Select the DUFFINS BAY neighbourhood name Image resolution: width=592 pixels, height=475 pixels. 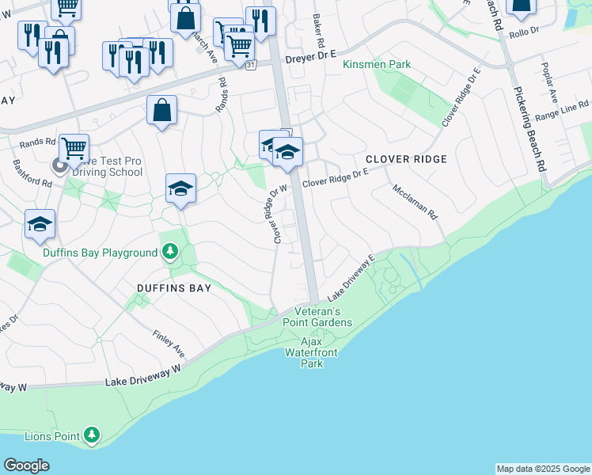point(173,288)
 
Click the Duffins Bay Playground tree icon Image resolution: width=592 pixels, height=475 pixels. point(169,252)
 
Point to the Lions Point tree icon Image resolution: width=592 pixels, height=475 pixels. point(93,434)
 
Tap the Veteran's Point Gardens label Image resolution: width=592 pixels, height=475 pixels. point(317,317)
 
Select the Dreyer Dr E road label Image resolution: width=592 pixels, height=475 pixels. point(310,56)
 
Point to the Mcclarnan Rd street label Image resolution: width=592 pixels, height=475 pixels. point(415,201)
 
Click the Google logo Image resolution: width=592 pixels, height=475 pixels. point(26,465)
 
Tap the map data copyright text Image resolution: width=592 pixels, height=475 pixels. point(543,469)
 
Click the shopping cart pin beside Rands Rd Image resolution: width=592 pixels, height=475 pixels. point(74,147)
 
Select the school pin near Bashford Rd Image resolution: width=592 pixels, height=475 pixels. point(39,223)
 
